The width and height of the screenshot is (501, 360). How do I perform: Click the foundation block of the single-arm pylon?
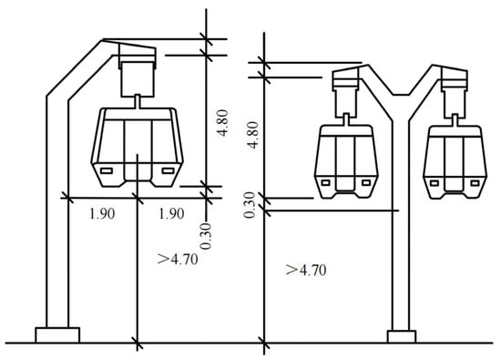pos(57,335)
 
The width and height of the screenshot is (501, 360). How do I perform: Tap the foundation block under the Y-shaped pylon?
pos(402,336)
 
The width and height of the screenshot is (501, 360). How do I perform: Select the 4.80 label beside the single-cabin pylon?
pos(223,123)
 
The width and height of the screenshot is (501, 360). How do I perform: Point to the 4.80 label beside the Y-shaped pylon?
pos(253,135)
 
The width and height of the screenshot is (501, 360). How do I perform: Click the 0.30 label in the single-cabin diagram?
pos(206,236)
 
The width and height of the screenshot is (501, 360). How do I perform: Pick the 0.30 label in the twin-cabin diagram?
pos(250,205)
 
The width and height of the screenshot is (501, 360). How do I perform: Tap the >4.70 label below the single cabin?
pos(178,259)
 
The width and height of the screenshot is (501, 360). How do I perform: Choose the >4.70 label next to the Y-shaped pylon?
pos(306,270)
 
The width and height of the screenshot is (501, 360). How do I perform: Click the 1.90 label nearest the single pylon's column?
pos(102,213)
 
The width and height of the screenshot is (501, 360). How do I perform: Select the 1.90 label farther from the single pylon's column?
pos(171,213)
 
